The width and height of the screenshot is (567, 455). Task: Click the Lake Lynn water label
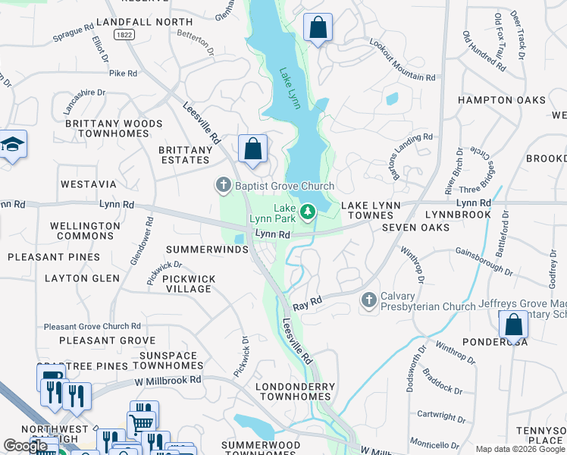click(x=290, y=86)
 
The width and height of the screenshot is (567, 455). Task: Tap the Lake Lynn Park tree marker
click(x=308, y=212)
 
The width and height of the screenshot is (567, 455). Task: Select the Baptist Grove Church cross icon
click(x=223, y=185)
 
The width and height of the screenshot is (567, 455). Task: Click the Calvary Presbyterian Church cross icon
click(x=369, y=300)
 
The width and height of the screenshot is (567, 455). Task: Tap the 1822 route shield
click(x=124, y=35)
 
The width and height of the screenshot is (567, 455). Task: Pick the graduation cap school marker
click(x=13, y=144)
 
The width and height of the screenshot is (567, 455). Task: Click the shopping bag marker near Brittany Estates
click(x=252, y=149)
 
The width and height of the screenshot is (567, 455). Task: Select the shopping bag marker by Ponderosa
click(x=513, y=325)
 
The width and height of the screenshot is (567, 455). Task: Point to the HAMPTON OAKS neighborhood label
click(x=502, y=100)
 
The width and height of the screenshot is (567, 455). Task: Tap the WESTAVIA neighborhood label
click(x=89, y=184)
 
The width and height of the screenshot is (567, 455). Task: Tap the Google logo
click(x=27, y=446)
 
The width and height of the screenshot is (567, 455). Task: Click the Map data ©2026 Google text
click(x=520, y=449)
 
